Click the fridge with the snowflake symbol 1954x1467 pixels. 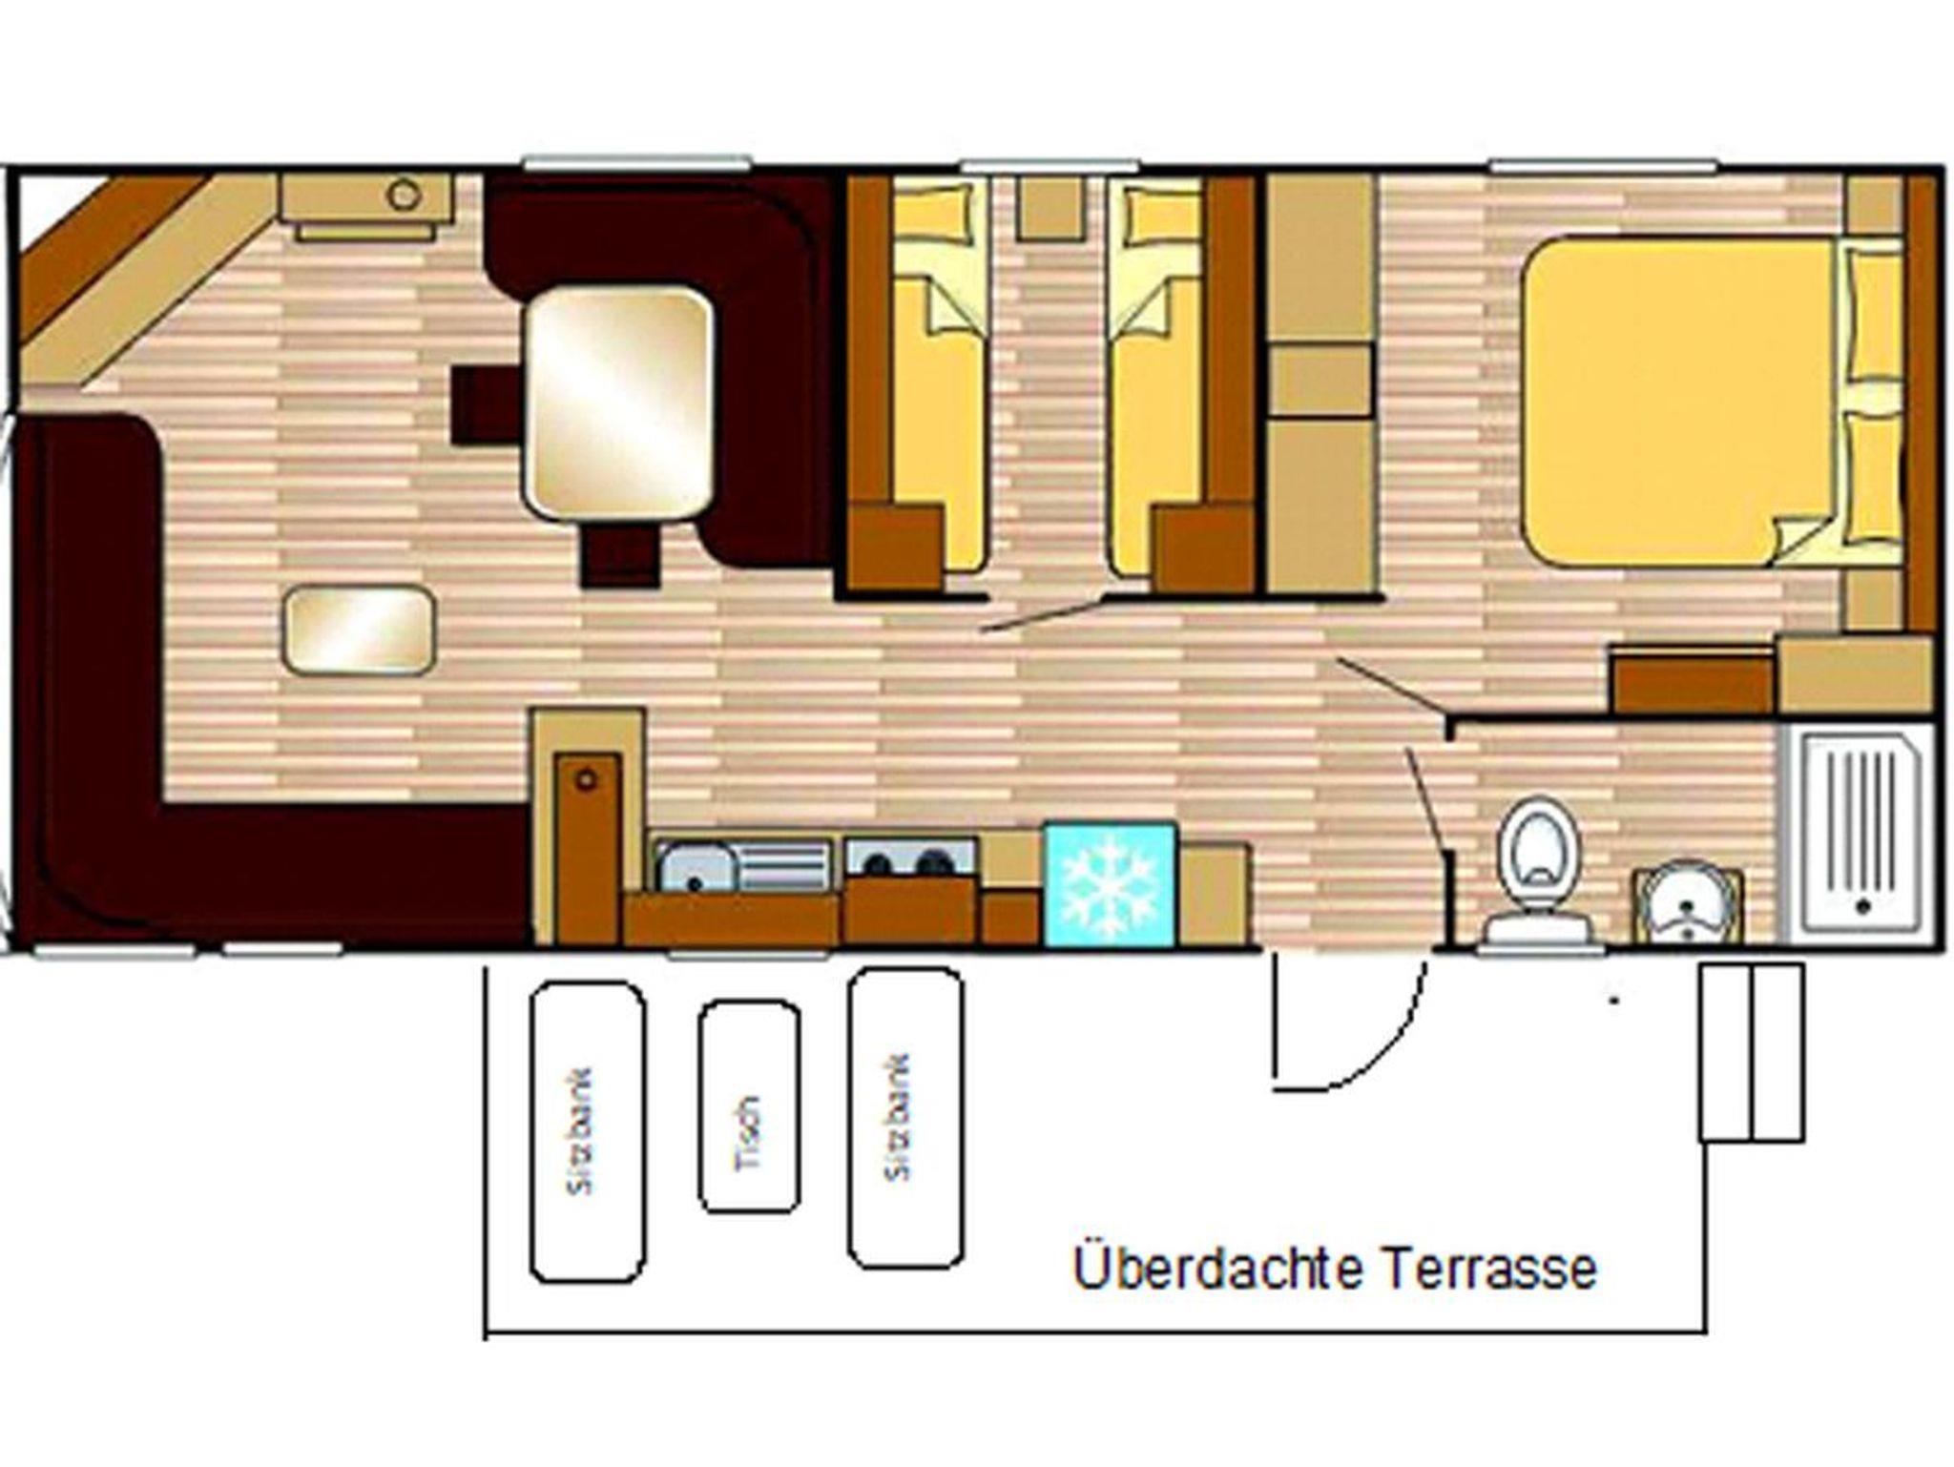pyautogui.click(x=1110, y=884)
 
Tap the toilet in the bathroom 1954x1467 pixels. pyautogui.click(x=1537, y=872)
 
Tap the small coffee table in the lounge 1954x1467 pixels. pyautogui.click(x=359, y=630)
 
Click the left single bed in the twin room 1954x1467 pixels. pyautogui.click(x=937, y=377)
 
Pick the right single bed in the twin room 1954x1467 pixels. pyautogui.click(x=1155, y=377)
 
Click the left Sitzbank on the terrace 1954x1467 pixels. pyautogui.click(x=588, y=1132)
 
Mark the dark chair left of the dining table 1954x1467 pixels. pyautogui.click(x=487, y=405)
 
